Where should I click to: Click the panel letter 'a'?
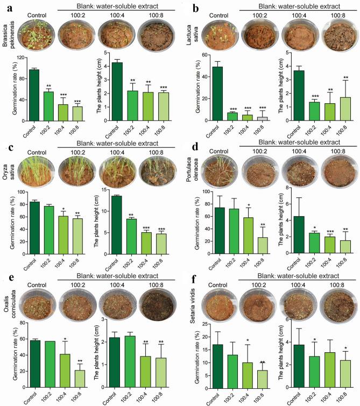pyautogui.click(x=4, y=5)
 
